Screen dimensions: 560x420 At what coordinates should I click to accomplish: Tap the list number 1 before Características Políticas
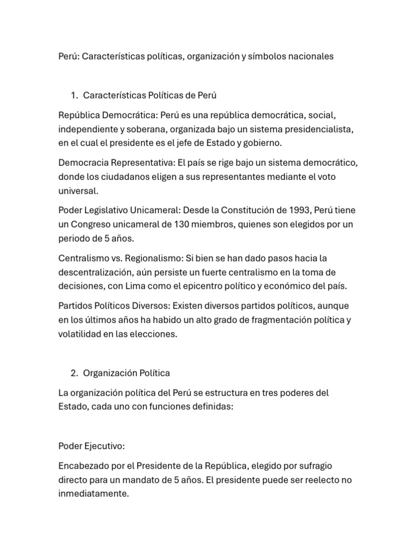click(74, 96)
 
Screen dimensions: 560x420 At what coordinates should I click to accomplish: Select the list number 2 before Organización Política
click(74, 373)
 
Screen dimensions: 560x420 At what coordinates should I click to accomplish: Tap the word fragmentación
click(266, 320)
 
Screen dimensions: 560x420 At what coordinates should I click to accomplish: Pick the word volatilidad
click(79, 334)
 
